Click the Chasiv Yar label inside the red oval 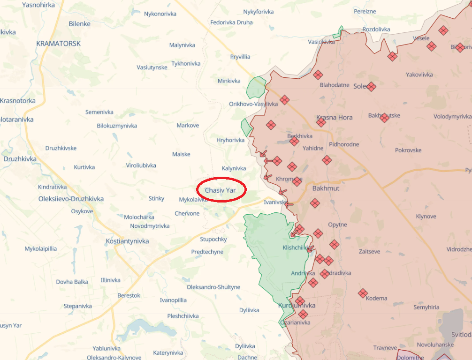click(220, 190)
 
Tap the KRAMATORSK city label click(58, 44)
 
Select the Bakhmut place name click(325, 188)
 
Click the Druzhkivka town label click(20, 159)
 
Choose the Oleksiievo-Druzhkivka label click(71, 199)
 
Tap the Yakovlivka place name click(419, 75)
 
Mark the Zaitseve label click(369, 251)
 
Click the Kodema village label click(377, 298)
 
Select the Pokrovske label click(408, 150)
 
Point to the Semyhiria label click(426, 307)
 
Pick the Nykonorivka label click(160, 14)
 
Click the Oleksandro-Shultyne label click(213, 287)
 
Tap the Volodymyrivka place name click(452, 116)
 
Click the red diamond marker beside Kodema click(363, 293)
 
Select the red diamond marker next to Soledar click(371, 87)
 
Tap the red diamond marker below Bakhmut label click(315, 203)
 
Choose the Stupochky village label click(213, 239)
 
